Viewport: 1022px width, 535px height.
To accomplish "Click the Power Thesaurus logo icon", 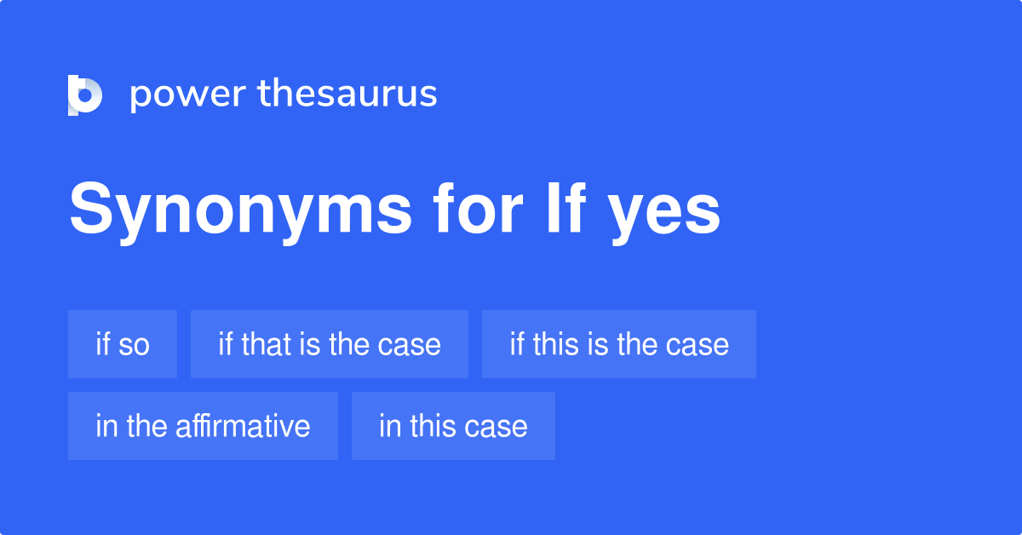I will click(x=85, y=95).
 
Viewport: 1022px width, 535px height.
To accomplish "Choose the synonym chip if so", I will click(x=123, y=344).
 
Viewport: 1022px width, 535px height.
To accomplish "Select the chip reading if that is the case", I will click(x=330, y=344).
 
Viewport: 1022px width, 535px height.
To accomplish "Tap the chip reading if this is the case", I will click(x=619, y=344).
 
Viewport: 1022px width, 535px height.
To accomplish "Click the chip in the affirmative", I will click(x=203, y=426).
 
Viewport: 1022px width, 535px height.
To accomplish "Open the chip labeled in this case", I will click(x=453, y=426).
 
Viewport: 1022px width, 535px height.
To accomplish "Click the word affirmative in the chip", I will click(x=243, y=426).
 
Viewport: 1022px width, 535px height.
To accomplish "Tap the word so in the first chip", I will click(x=133, y=345).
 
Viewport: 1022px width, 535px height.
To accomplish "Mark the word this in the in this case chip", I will click(x=434, y=426).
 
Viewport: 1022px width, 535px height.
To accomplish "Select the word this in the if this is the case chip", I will click(x=553, y=344).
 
